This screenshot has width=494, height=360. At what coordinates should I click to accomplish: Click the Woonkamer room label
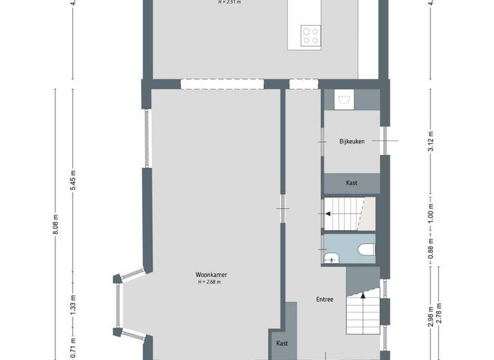212,274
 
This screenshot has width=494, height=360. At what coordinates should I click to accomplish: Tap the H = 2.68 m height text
212,282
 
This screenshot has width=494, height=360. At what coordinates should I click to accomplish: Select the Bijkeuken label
351,141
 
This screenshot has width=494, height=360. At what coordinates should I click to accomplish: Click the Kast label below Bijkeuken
351,183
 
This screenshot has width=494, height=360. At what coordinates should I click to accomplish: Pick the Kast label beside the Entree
282,343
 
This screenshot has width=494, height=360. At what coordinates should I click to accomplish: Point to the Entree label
324,300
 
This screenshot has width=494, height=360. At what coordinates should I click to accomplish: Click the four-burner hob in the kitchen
311,35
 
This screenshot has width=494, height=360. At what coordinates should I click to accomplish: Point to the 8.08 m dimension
56,224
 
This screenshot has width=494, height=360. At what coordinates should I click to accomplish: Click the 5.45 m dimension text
74,180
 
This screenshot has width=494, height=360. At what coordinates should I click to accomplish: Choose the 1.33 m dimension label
74,302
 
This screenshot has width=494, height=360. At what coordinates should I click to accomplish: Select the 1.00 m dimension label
430,212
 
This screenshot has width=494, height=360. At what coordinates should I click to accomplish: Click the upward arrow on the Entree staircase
363,296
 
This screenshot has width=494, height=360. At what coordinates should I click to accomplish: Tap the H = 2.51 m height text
229,3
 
